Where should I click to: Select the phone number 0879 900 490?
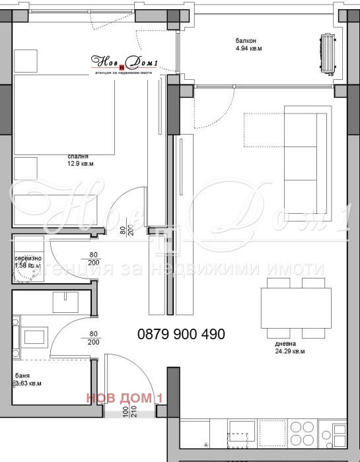tap(181, 335)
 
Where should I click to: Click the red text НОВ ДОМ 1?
tap(124, 397)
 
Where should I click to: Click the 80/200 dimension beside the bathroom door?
tap(92, 338)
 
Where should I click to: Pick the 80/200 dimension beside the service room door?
tap(92, 258)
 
